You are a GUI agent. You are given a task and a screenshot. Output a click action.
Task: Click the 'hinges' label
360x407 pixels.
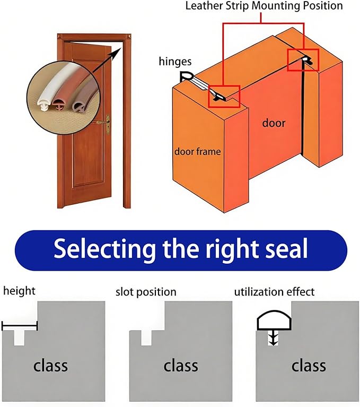pyautogui.click(x=175, y=62)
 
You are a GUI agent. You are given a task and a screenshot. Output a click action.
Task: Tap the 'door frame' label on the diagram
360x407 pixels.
pyautogui.click(x=197, y=151)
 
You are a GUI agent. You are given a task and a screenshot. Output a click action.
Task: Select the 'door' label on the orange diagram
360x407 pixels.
pyautogui.click(x=274, y=123)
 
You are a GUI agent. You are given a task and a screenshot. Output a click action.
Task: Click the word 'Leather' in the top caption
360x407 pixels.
pyautogui.click(x=204, y=6)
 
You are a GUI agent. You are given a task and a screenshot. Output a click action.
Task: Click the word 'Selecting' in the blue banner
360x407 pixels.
pyautogui.click(x=104, y=249)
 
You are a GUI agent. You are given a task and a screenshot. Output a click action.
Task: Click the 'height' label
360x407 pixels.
pyautogui.click(x=19, y=291)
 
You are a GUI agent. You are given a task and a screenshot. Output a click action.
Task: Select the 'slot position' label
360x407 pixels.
pyautogui.click(x=146, y=292)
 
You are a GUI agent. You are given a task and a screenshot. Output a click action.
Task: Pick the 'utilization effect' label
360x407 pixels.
pyautogui.click(x=274, y=292)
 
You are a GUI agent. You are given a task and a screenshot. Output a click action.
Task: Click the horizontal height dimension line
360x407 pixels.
pyautogui.click(x=20, y=326)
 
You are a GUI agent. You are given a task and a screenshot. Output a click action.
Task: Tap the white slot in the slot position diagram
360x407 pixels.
pyautogui.click(x=146, y=337)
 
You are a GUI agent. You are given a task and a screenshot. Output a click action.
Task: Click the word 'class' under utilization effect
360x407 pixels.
pyautogui.click(x=309, y=366)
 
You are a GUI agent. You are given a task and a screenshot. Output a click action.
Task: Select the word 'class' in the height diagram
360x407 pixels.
pyautogui.click(x=50, y=366)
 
